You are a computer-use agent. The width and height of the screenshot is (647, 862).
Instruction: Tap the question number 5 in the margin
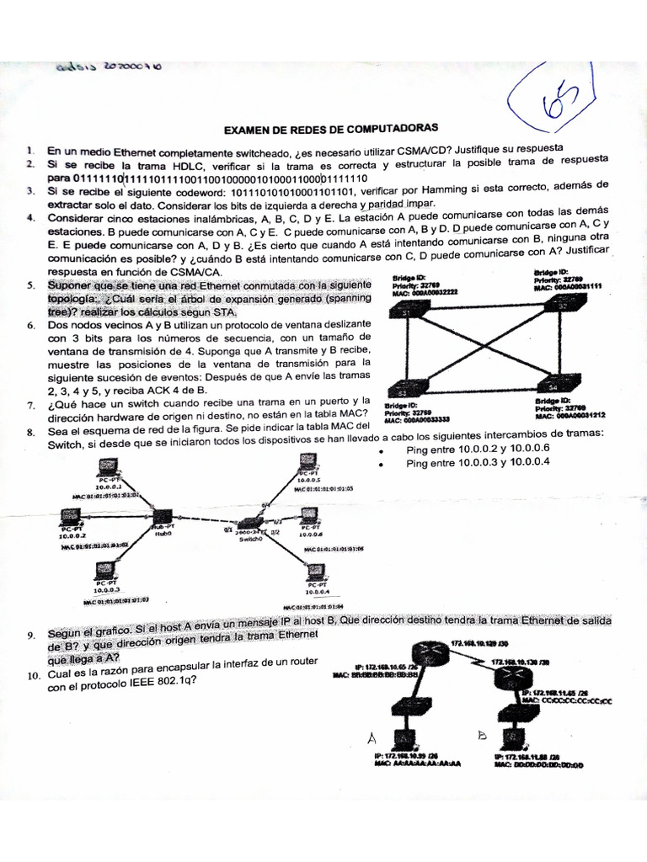click(x=30, y=286)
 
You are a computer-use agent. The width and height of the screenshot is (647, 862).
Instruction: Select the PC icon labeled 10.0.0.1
click(x=107, y=470)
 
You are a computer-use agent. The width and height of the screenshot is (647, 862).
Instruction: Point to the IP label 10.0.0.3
click(x=107, y=589)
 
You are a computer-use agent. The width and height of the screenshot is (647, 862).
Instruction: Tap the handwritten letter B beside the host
click(x=482, y=735)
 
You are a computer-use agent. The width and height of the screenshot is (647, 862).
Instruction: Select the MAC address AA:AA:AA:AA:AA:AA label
click(x=417, y=766)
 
